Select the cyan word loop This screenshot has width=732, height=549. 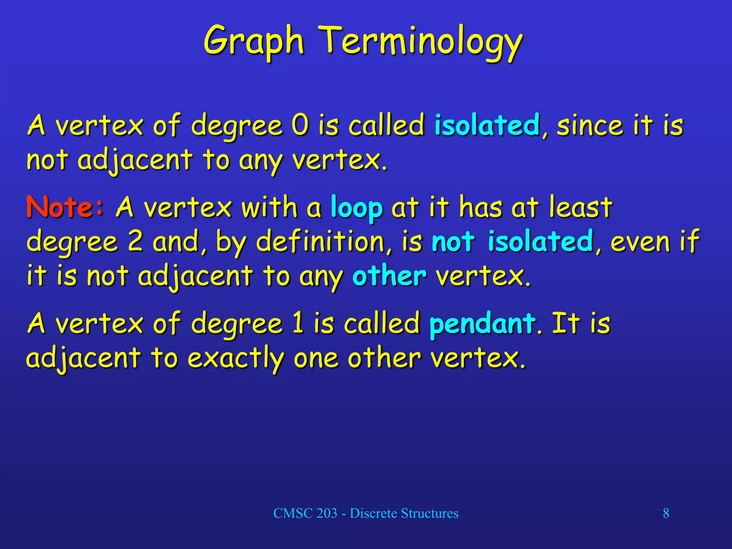356,208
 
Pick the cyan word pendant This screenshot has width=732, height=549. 483,324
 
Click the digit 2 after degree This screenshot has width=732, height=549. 135,242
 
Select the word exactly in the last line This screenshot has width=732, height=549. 236,358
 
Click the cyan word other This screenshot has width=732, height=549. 389,276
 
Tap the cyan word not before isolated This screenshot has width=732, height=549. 453,242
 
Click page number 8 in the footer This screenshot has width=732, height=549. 666,513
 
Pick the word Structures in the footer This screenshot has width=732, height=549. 429,513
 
